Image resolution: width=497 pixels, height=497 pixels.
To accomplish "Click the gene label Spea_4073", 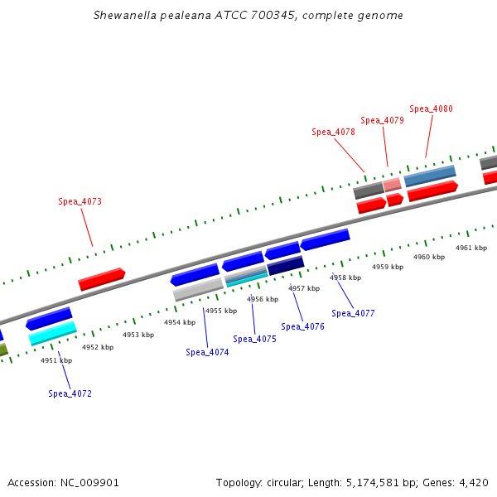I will (80, 201).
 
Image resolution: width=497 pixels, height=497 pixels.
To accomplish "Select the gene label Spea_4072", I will (70, 393).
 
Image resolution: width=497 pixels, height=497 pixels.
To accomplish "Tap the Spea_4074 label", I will (207, 352).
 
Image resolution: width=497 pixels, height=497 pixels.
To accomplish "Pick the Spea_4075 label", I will (254, 339).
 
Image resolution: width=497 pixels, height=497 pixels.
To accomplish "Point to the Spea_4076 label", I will (302, 326).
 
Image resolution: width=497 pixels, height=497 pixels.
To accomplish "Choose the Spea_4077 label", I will (353, 313).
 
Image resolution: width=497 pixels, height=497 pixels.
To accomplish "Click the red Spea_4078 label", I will (333, 132).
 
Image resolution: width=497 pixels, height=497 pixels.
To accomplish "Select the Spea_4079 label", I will (382, 120).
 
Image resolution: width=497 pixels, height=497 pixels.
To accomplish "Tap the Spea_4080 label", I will (431, 109).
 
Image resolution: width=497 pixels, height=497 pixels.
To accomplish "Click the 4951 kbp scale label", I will (56, 360).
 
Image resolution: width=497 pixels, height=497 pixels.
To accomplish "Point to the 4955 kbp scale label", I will (221, 311).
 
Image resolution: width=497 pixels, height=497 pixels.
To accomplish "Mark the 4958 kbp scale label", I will (345, 277).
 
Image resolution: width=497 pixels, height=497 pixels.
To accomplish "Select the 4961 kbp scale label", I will (471, 248).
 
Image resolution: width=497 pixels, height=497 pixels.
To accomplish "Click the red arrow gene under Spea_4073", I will (101, 279).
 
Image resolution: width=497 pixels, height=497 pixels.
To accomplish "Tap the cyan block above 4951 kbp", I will (52, 333).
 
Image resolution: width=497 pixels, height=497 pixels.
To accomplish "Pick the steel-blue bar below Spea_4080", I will (430, 176).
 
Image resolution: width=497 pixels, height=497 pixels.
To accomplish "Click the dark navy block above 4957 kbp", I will (286, 265).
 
